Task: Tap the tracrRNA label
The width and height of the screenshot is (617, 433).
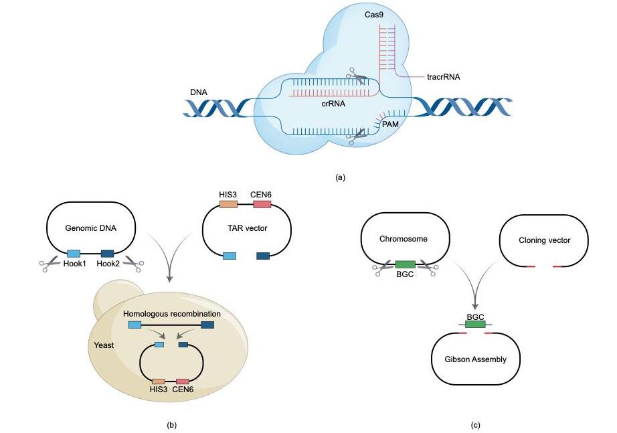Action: pyautogui.click(x=443, y=76)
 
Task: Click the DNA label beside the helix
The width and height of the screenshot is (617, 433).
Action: pyautogui.click(x=199, y=92)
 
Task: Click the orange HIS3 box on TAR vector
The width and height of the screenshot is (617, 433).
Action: pyautogui.click(x=228, y=204)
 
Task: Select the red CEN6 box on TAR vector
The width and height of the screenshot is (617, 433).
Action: pyautogui.click(x=261, y=204)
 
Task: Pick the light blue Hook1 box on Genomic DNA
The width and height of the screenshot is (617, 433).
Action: pyautogui.click(x=74, y=253)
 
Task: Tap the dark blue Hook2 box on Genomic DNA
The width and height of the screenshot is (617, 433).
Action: pyautogui.click(x=107, y=253)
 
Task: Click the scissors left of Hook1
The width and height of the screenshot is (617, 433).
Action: pyautogui.click(x=49, y=265)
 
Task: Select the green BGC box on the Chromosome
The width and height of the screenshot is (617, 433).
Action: pyautogui.click(x=405, y=264)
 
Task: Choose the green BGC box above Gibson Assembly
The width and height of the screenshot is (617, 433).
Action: pyautogui.click(x=475, y=325)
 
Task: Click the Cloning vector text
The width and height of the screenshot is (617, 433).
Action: pyautogui.click(x=544, y=240)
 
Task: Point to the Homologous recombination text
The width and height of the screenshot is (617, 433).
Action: pyautogui.click(x=171, y=313)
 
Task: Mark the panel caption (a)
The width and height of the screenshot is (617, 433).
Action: pyautogui.click(x=340, y=177)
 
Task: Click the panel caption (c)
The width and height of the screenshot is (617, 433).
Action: pyautogui.click(x=475, y=425)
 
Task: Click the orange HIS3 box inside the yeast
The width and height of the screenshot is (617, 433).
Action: pyautogui.click(x=159, y=381)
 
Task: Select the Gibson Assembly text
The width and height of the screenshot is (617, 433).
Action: pyautogui.click(x=476, y=359)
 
